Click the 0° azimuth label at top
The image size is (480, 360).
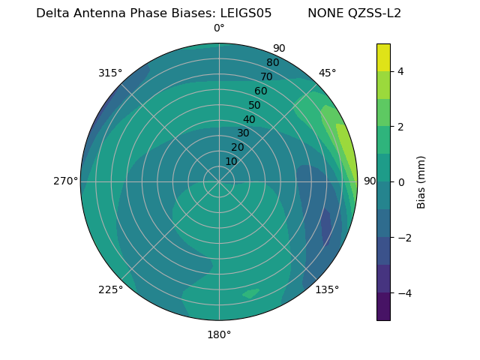[219, 28]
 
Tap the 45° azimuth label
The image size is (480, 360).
[327, 73]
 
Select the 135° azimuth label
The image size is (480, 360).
[327, 289]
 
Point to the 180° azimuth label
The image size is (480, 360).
[219, 334]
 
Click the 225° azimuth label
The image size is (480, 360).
[110, 289]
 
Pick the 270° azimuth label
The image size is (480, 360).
[65, 181]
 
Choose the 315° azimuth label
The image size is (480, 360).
[110, 73]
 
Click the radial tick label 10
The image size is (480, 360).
[231, 161]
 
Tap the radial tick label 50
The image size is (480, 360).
[255, 106]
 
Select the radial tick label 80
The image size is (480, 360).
[273, 63]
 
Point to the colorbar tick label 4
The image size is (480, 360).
[401, 71]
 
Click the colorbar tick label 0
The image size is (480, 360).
[401, 181]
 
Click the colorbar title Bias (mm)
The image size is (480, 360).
[421, 181]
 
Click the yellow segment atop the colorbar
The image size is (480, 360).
[383, 57]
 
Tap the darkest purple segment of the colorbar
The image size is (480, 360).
[383, 306]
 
